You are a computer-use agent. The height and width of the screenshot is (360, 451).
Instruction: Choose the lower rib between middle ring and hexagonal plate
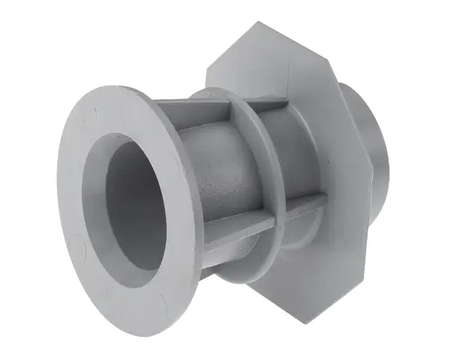click(x=297, y=207)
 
